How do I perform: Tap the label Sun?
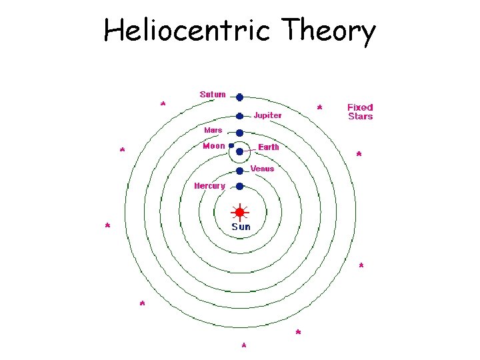coord(241,227)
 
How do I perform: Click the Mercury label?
coord(209,186)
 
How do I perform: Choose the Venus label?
coord(262,169)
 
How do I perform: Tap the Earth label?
coord(269,147)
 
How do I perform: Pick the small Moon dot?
coord(231,145)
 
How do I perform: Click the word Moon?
coord(213,146)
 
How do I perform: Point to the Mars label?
coord(213,130)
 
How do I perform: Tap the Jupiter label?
coord(267,115)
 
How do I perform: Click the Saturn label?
coord(213,95)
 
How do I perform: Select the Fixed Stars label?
coord(360,111)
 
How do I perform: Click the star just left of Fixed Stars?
coord(320,107)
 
